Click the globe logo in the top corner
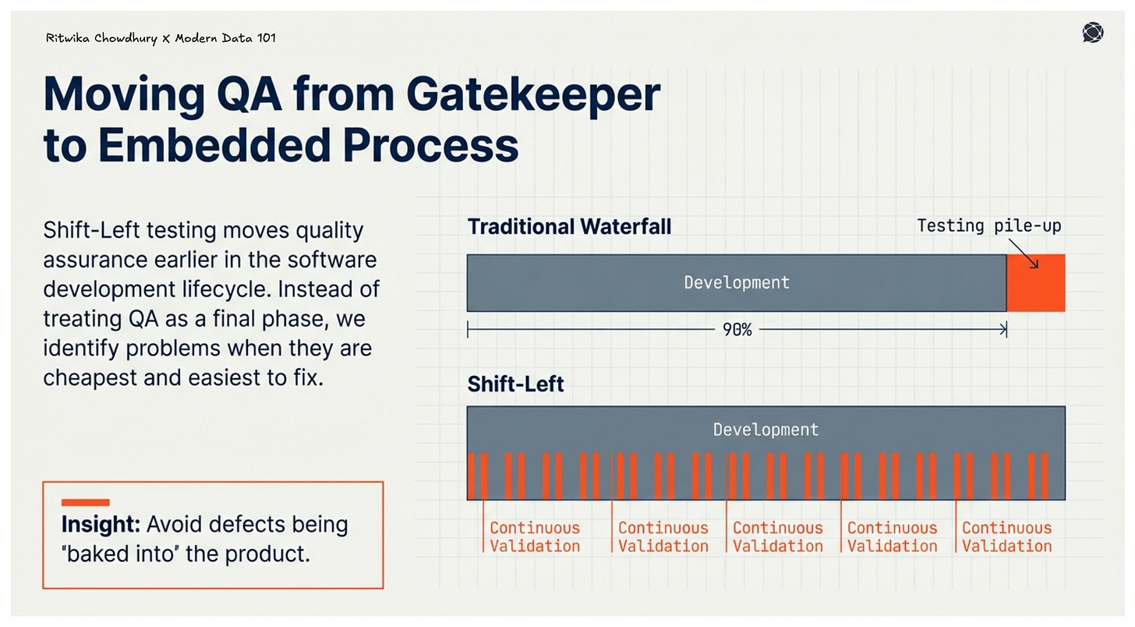tap(1093, 33)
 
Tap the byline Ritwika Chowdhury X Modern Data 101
tap(161, 37)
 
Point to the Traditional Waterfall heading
tap(569, 227)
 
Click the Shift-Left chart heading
tap(515, 384)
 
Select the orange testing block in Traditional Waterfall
tap(1036, 283)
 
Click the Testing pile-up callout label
tap(988, 226)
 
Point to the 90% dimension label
tap(737, 331)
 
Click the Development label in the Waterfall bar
tap(737, 282)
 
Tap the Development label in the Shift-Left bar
tap(766, 430)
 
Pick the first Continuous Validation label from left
tap(535, 537)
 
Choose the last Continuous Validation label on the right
tap(1006, 537)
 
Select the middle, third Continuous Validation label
tap(777, 537)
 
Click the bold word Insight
tap(100, 524)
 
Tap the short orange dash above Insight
tap(85, 503)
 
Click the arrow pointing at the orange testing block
tap(1027, 255)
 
